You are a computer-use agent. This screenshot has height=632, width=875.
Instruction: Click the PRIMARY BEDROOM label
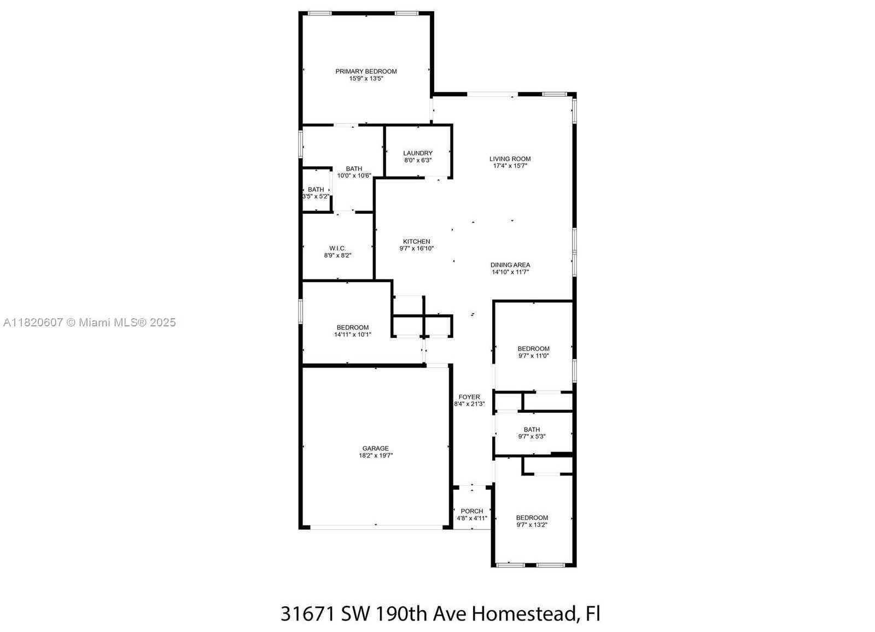click(366, 72)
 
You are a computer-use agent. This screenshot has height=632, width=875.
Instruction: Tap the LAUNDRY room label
click(418, 153)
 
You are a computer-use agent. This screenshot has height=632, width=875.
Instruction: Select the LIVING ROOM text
click(510, 159)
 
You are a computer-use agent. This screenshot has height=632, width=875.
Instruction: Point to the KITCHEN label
click(416, 242)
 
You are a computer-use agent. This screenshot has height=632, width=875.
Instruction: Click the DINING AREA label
click(510, 265)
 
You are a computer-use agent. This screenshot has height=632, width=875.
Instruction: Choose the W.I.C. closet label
click(337, 248)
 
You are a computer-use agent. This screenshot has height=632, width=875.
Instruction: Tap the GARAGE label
click(375, 448)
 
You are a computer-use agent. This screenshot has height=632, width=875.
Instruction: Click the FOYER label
click(469, 397)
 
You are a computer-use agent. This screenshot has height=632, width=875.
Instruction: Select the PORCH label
click(472, 511)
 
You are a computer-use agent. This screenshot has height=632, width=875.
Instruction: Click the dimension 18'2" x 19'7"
click(376, 455)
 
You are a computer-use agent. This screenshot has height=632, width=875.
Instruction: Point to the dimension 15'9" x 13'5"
click(366, 79)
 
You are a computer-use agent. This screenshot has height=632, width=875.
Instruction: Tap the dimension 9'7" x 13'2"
click(532, 525)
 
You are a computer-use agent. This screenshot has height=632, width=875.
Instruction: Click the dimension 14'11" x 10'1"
click(352, 335)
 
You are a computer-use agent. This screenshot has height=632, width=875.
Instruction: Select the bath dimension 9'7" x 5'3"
click(532, 436)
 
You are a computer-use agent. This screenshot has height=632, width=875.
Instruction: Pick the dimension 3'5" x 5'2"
click(316, 196)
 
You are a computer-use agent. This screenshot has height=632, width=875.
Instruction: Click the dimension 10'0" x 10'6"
click(354, 176)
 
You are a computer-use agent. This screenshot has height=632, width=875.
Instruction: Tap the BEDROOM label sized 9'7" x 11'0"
click(533, 349)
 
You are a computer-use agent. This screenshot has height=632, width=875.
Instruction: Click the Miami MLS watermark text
click(90, 322)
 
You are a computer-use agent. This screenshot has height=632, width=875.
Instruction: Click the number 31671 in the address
click(308, 614)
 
